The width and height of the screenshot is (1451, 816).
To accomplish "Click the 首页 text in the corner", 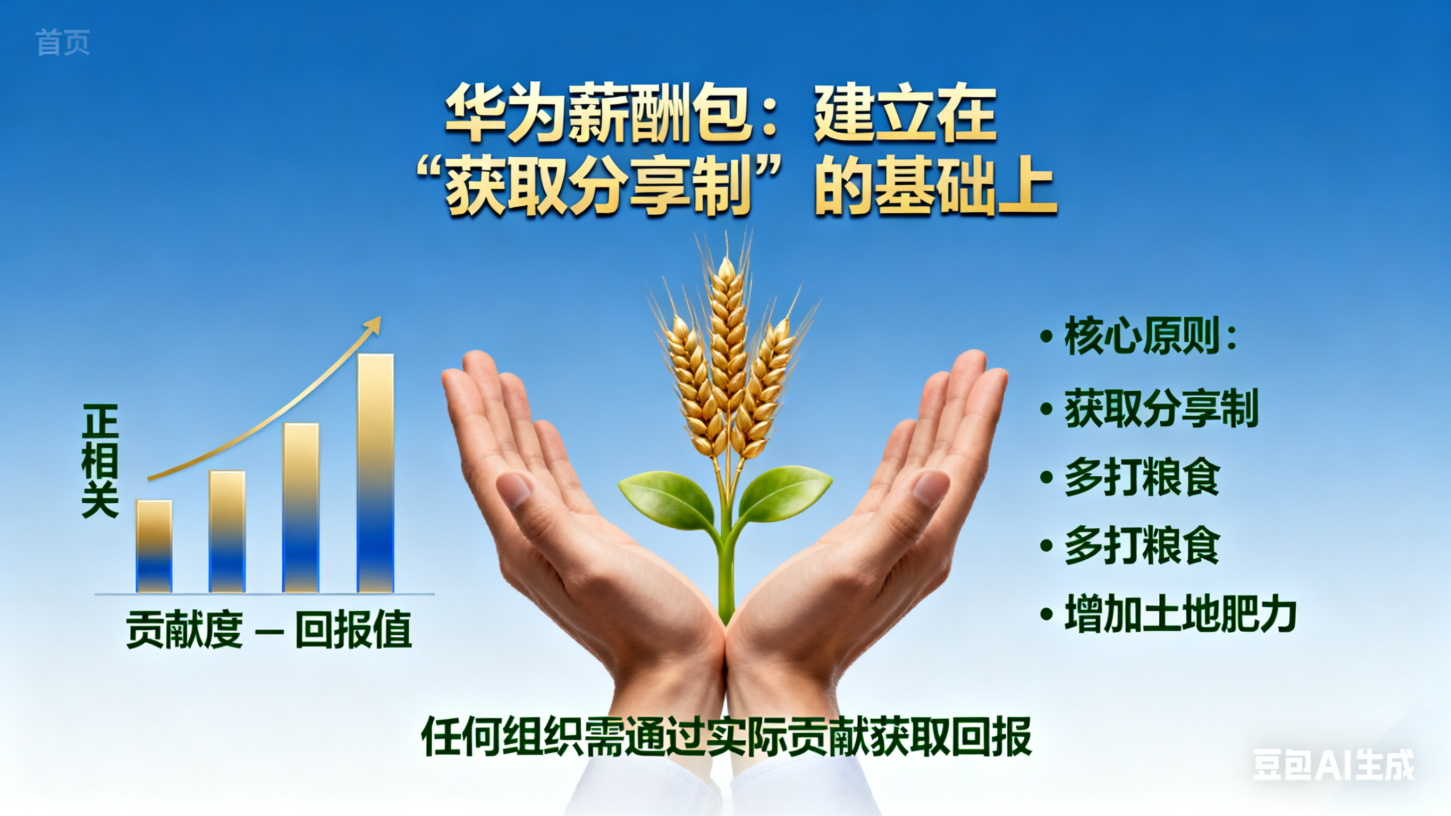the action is [63, 43].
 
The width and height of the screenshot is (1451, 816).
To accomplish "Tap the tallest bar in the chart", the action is [376, 473].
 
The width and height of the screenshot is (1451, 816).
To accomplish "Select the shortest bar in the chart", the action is [154, 546].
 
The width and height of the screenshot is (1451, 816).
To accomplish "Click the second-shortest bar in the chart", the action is [227, 532].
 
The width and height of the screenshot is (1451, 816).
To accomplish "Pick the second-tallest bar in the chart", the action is [301, 508].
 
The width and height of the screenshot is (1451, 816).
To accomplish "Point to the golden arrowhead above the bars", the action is [373, 325].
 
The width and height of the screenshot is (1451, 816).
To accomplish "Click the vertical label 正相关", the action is [100, 460].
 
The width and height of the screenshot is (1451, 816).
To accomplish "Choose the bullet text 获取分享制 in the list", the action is [1161, 408].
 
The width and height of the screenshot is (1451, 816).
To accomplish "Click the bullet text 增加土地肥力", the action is [1180, 613].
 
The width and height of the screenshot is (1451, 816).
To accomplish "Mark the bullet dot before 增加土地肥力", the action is [1047, 614].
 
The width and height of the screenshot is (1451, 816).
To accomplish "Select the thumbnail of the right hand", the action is [931, 488].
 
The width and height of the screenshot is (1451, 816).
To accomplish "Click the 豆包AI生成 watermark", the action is [1334, 765].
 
